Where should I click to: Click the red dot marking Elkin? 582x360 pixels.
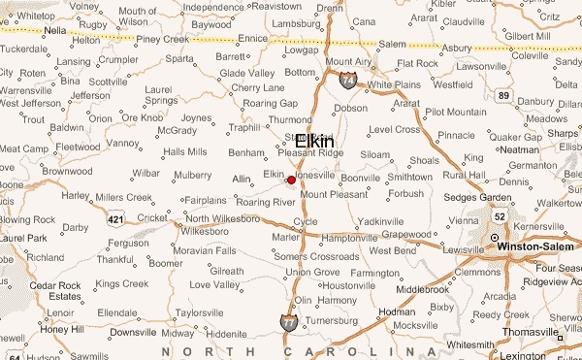291,180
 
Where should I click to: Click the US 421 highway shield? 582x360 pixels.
115,220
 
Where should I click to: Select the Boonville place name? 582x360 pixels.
360,179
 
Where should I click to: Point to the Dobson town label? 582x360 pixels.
351,109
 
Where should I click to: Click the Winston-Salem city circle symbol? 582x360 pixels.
494,238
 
